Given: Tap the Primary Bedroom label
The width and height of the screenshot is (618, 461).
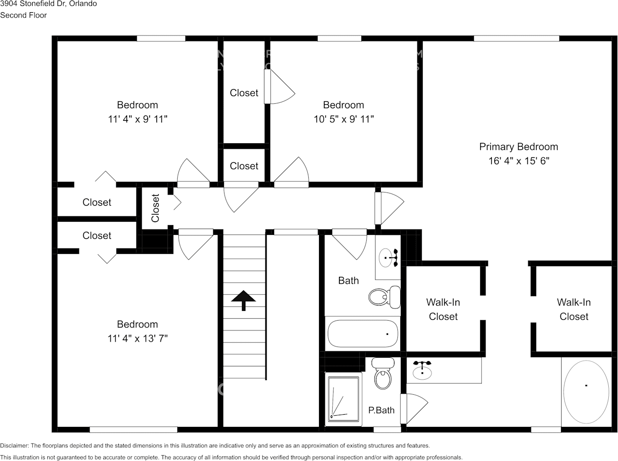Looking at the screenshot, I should click(518, 147).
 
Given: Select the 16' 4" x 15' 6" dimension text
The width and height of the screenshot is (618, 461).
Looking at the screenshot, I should click(518, 161).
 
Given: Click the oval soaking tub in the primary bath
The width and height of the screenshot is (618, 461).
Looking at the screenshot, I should click(586, 392).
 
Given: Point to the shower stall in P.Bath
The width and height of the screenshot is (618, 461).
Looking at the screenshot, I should click(343, 398).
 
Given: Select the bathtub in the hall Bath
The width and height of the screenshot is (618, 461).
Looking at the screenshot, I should click(363, 333).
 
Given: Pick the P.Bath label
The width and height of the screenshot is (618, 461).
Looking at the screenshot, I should click(381, 410).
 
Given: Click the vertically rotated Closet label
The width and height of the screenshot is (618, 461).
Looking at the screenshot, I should click(155, 208).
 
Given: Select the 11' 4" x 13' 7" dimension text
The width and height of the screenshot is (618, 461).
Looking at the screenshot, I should click(137, 339).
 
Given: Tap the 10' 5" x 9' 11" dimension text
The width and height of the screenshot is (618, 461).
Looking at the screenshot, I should click(343, 119).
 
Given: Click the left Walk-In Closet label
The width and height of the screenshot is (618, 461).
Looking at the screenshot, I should click(443, 309).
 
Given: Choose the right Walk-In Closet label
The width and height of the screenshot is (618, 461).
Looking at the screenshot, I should click(574, 309).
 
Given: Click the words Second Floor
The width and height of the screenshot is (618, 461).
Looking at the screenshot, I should click(23, 15).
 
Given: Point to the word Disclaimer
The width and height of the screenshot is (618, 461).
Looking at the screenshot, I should click(15, 445).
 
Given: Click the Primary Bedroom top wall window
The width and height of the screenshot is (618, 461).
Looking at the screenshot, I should click(516, 38).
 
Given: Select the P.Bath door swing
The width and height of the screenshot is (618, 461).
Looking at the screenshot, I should click(415, 408).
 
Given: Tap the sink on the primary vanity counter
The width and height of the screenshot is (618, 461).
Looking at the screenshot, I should click(422, 371).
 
